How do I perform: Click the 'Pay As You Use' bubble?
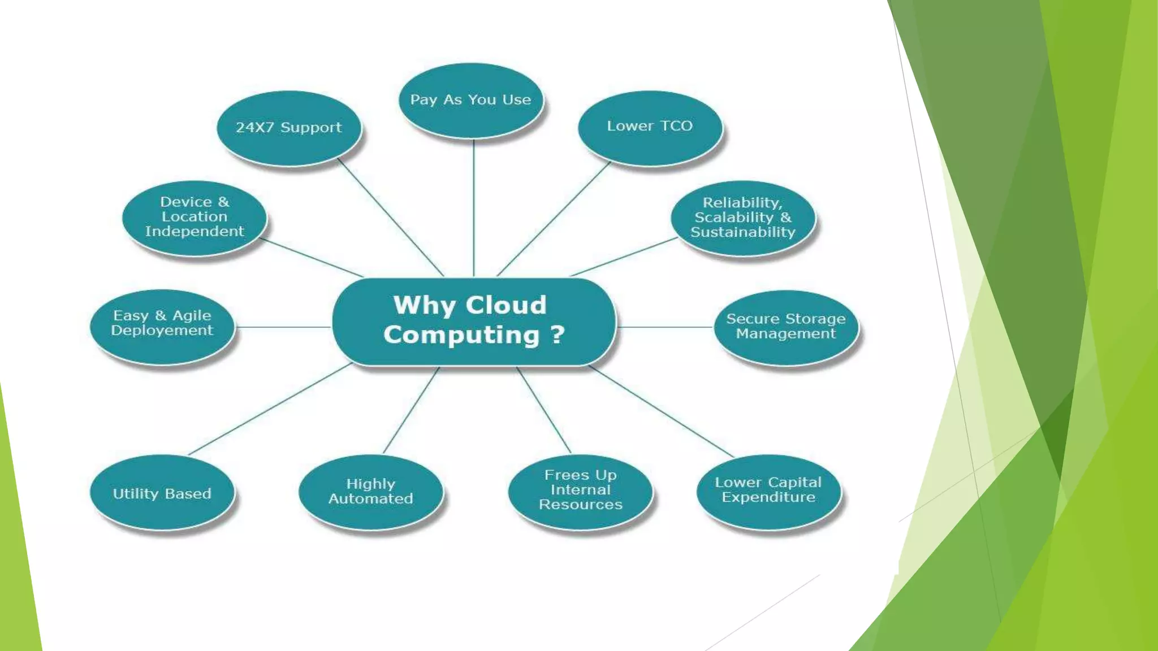click(x=470, y=100)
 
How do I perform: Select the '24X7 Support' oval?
click(x=288, y=128)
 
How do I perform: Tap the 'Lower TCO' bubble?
click(x=650, y=127)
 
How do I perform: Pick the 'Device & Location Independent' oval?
click(x=195, y=218)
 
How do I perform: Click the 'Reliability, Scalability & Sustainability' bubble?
click(x=743, y=218)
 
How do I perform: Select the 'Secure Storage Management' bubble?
click(x=786, y=327)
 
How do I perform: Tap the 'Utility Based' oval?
click(x=162, y=493)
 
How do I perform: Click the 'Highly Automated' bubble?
click(x=371, y=492)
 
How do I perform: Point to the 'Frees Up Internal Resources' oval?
click(x=581, y=491)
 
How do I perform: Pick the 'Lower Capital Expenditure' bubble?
click(x=768, y=491)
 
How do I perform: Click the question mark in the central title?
click(x=558, y=335)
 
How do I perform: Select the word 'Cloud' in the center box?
click(x=506, y=305)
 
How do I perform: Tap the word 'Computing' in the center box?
click(x=462, y=335)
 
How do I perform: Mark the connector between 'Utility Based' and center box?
click(x=270, y=409)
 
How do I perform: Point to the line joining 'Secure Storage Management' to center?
click(x=665, y=327)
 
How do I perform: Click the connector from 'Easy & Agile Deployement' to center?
click(x=283, y=327)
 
